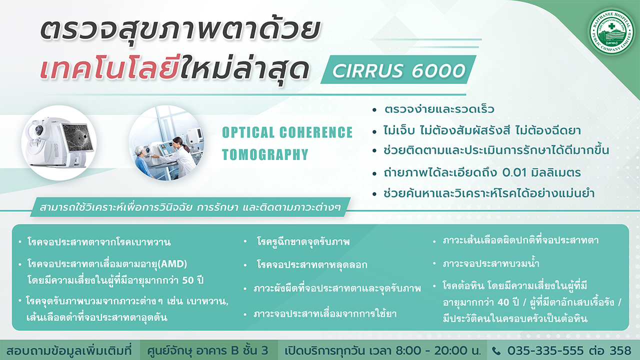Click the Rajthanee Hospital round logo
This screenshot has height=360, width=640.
click(611, 31)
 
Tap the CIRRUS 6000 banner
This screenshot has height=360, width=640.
click(398, 69)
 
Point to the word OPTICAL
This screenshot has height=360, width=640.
click(248, 132)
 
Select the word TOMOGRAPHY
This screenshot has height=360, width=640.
click(265, 154)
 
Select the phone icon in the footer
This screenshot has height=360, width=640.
click(496, 351)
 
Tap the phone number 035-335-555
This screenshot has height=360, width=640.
click(545, 350)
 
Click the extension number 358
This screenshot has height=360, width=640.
click(620, 350)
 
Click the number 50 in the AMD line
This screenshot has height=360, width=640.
click(188, 280)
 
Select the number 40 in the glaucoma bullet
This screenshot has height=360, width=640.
click(503, 302)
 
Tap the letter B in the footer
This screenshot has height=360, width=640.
click(235, 350)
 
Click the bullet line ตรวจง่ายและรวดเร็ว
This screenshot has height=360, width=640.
click(439, 109)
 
